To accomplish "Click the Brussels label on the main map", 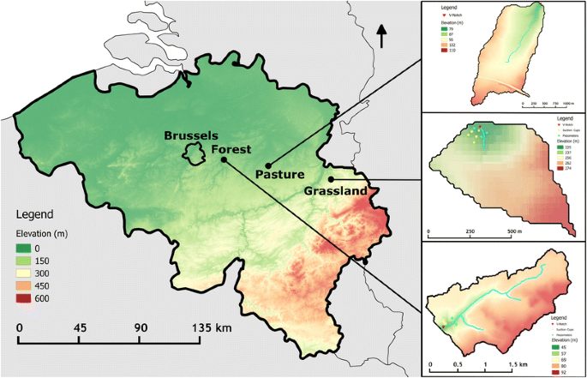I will click(x=192, y=135).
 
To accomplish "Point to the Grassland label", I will click(x=336, y=191).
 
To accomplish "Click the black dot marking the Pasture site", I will click(x=268, y=165).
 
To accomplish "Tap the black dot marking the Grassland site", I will click(x=331, y=179).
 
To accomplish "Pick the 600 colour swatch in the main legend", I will click(x=30, y=300).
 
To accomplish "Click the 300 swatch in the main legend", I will click(x=30, y=273).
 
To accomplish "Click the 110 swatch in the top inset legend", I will click(x=442, y=51).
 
